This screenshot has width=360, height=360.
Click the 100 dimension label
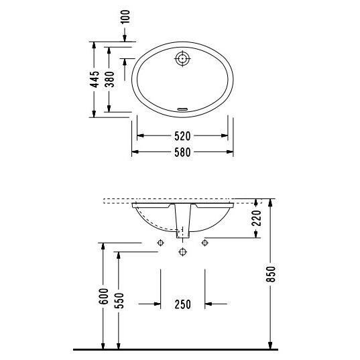[125, 17]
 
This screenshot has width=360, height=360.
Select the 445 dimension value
[95, 79]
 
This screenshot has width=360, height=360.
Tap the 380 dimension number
[109, 79]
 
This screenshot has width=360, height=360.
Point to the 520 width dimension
[182, 136]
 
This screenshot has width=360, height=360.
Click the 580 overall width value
[182, 152]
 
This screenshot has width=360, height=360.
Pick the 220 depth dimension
[257, 218]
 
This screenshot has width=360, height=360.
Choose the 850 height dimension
[271, 274]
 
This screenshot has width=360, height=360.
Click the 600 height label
[103, 296]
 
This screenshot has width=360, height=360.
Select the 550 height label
[119, 300]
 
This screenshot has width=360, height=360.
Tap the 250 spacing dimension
[183, 304]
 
